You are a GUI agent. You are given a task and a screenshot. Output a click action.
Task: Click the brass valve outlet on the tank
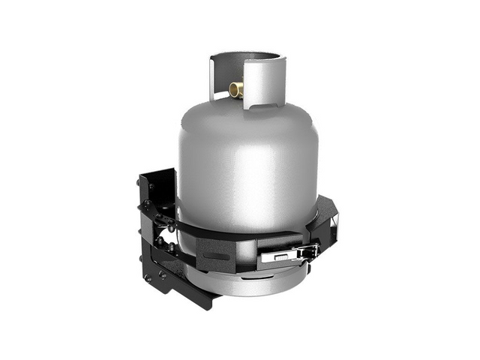point(236,91)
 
